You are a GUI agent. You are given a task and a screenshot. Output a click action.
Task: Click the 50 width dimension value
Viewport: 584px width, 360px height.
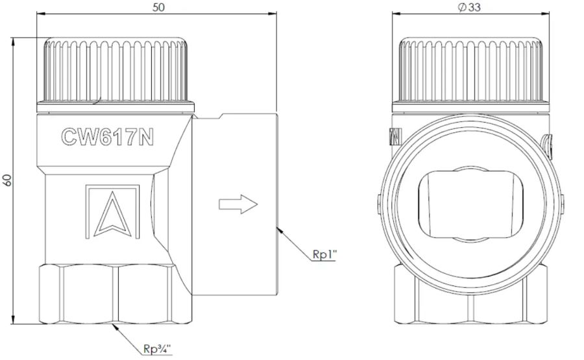tap(158, 7)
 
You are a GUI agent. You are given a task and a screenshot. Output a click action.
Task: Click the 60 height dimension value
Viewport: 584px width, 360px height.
tap(7, 180)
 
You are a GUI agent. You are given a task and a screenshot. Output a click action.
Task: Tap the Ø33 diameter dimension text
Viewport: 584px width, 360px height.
tap(469, 7)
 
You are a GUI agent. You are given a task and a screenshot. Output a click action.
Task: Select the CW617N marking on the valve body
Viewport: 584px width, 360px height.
tap(107, 137)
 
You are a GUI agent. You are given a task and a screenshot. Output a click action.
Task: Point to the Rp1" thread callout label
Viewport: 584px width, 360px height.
tap(324, 254)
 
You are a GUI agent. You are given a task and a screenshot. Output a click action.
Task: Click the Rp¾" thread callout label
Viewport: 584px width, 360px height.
tap(157, 349)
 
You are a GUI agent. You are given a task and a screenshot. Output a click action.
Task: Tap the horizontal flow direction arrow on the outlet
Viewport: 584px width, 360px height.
tap(238, 204)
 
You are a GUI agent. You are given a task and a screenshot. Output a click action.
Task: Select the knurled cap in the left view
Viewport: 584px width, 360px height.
tap(116, 75)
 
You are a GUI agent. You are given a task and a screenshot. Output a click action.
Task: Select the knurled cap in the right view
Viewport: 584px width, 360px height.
tap(471, 75)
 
